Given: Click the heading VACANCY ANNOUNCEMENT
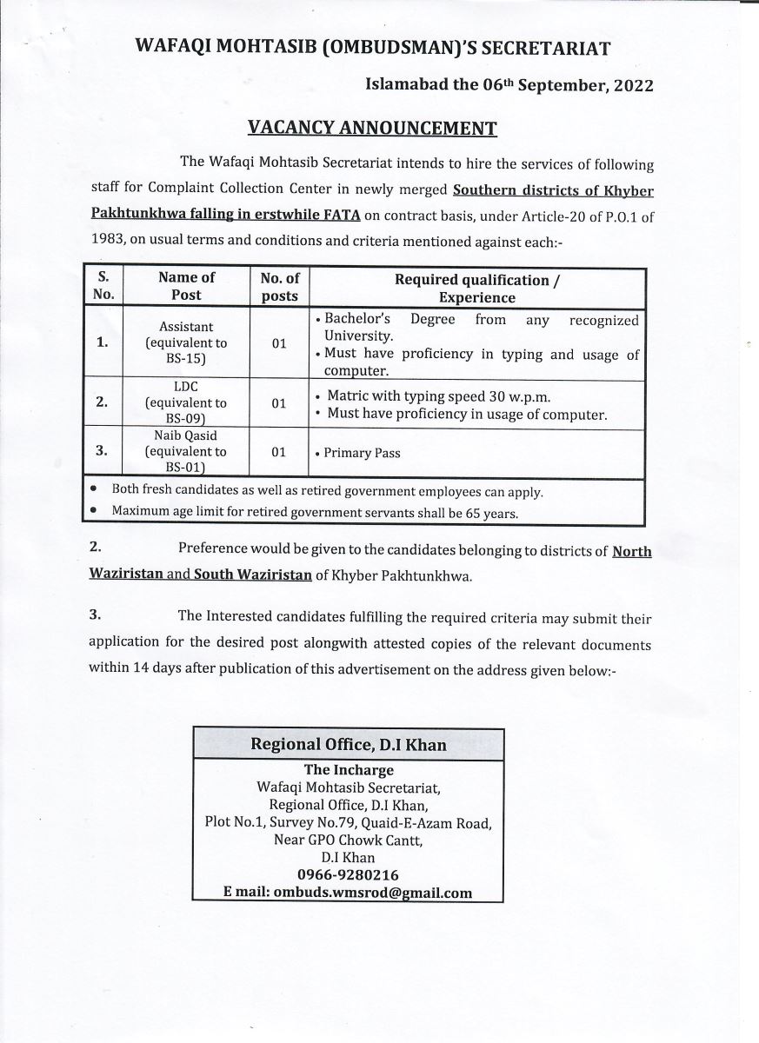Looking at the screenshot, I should [372, 129].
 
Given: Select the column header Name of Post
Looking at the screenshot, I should [186, 286].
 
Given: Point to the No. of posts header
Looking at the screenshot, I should [279, 286].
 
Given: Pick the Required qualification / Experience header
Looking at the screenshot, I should [476, 289].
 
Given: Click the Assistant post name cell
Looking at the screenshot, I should [186, 342].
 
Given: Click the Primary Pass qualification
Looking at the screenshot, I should [362, 453].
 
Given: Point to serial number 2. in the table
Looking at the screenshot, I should [102, 402].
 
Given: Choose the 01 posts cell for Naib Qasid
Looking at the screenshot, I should [279, 453].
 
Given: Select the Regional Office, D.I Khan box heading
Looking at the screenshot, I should [348, 745].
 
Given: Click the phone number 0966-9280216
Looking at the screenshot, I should [348, 875].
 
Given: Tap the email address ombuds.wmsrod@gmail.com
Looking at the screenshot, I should [373, 892].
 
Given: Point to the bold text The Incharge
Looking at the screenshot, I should [348, 770].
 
